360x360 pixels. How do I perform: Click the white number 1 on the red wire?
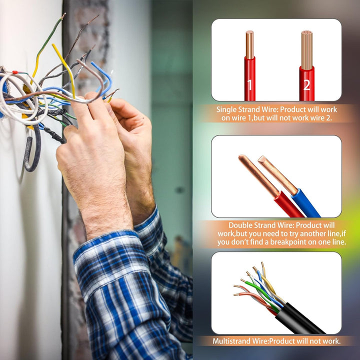pos(250,84)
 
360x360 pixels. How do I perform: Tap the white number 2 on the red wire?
pos(306,85)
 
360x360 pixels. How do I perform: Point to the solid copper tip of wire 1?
pos(249,45)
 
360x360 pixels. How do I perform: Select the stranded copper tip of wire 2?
pos(306,50)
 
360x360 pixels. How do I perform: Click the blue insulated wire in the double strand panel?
pos(305,202)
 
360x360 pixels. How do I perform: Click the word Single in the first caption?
pos(226,109)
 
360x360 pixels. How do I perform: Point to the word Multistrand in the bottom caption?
pos(231,341)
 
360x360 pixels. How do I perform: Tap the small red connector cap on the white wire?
pos(15,72)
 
